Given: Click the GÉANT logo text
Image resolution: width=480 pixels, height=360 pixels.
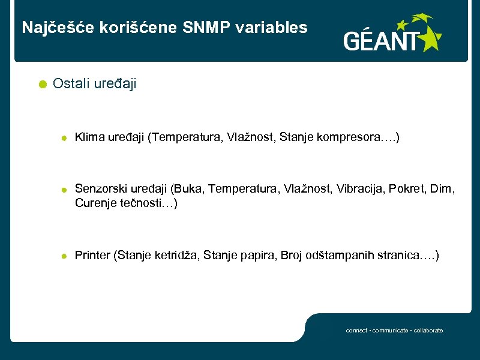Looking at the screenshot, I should tap(381, 41).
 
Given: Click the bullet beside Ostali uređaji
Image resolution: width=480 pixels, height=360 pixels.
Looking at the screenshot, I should tap(40, 85).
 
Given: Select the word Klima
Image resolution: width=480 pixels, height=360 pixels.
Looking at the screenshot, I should tap(89, 138).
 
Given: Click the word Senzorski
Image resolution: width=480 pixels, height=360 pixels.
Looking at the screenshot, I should tap(98, 190).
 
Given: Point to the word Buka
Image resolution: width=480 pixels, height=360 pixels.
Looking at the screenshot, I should tap(187, 190).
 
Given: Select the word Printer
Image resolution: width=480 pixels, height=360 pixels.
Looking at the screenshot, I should tap(92, 256).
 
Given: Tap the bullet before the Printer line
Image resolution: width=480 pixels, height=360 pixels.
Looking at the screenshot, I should tap(63, 256).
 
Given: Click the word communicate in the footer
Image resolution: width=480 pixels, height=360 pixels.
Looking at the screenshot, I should tap(391, 331).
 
